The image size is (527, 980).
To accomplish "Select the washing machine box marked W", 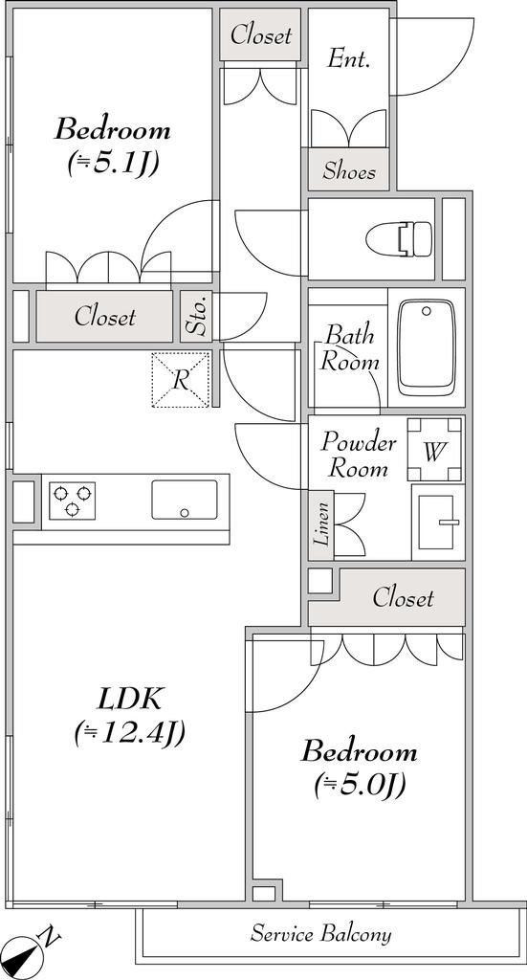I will point(434,450).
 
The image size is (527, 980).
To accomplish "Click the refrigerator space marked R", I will point(180,380).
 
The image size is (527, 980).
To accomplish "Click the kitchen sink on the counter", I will point(184,500).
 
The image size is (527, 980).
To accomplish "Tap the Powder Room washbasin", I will point(437,523).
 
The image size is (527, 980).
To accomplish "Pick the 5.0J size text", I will point(360,785).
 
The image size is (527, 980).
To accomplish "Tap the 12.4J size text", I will point(128,733).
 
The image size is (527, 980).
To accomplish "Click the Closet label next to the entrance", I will point(261,35).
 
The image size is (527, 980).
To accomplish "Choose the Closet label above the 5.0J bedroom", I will point(403,598).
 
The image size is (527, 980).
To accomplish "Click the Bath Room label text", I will point(349,347).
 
